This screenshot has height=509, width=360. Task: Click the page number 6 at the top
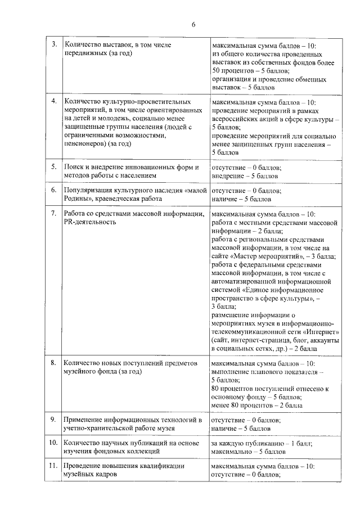click(193, 24)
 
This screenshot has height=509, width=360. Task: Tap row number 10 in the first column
click(53, 443)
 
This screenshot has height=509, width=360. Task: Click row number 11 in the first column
click(53, 466)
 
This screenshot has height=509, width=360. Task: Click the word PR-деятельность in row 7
click(91, 222)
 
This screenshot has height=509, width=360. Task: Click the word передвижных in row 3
click(84, 53)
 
